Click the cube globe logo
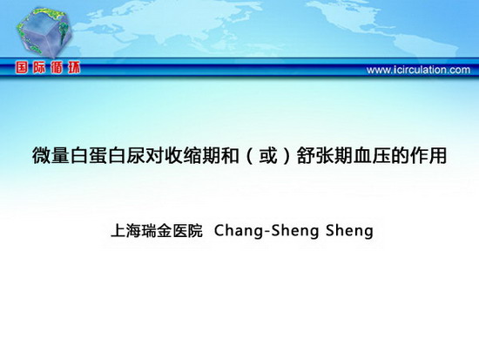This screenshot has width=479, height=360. [x=44, y=32]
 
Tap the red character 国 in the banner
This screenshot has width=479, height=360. [x=22, y=67]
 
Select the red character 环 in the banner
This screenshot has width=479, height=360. [x=74, y=67]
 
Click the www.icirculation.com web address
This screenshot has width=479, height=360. [x=418, y=70]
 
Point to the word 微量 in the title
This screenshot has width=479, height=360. [x=51, y=156]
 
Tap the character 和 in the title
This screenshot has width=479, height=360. [x=230, y=156]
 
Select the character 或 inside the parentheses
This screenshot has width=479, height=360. [x=268, y=156]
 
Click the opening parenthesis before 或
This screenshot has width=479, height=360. [x=250, y=156]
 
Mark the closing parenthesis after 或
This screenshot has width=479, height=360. [x=287, y=156]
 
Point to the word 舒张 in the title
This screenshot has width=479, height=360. [x=315, y=156]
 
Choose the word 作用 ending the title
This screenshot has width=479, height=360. [x=428, y=156]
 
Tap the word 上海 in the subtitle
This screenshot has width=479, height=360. [x=126, y=231]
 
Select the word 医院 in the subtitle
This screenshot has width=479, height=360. [x=187, y=231]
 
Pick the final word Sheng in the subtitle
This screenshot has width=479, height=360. [x=349, y=231]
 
